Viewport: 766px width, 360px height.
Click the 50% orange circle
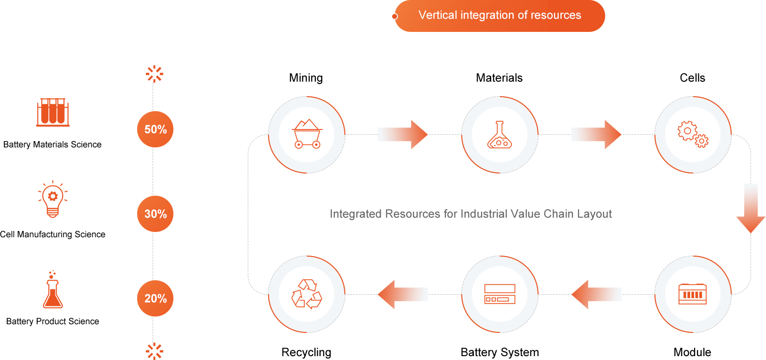pyautogui.click(x=155, y=130)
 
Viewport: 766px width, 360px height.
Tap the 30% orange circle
pyautogui.click(x=155, y=214)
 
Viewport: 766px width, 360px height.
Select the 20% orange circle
pyautogui.click(x=155, y=299)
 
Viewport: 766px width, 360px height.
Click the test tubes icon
pyautogui.click(x=53, y=112)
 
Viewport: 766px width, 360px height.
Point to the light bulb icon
pyautogui.click(x=53, y=200)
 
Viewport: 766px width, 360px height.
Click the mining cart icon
pyautogui.click(x=307, y=134)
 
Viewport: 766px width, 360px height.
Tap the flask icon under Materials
pyautogui.click(x=499, y=135)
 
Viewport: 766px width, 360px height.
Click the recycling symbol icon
pyautogui.click(x=307, y=294)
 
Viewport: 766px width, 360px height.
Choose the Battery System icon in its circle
pyautogui.click(x=499, y=294)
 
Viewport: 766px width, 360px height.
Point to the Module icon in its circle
pyautogui.click(x=693, y=294)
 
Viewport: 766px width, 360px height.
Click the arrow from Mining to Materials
pyautogui.click(x=403, y=134)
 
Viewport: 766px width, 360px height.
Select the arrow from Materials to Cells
pyautogui.click(x=596, y=134)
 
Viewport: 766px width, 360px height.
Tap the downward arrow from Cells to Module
pyautogui.click(x=751, y=208)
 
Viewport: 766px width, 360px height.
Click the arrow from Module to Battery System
pyautogui.click(x=596, y=294)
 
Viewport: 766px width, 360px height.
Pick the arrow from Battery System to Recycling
pyautogui.click(x=403, y=294)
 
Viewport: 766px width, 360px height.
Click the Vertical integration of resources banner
pyautogui.click(x=500, y=15)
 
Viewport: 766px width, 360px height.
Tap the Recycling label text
pyautogui.click(x=306, y=352)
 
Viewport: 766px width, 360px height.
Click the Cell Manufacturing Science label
pyautogui.click(x=53, y=234)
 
